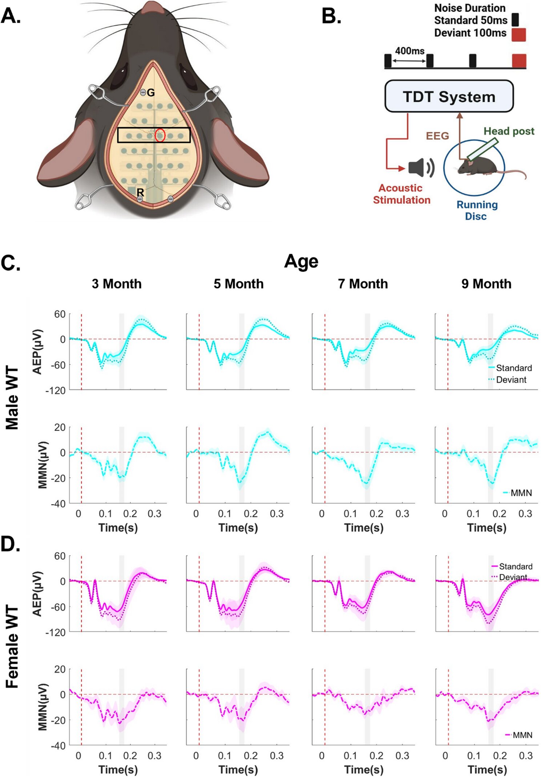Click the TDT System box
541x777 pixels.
coord(449,97)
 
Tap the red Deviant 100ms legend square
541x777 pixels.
coord(518,34)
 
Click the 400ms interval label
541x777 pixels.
coord(409,51)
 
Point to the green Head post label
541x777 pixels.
coord(509,131)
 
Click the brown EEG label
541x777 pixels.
coord(437,136)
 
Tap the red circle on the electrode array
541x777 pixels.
coord(160,135)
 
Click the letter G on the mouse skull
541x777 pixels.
coord(151,93)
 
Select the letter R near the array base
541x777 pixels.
coord(140,192)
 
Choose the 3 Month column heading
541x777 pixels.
coord(117,284)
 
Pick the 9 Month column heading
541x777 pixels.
coord(486,284)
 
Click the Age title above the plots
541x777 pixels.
coord(301,261)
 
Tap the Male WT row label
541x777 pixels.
coord(12,398)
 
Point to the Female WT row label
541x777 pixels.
coord(12,647)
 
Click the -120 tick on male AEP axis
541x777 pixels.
coord(55,391)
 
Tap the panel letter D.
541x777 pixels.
coord(10,544)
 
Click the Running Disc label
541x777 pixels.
coord(477,210)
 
